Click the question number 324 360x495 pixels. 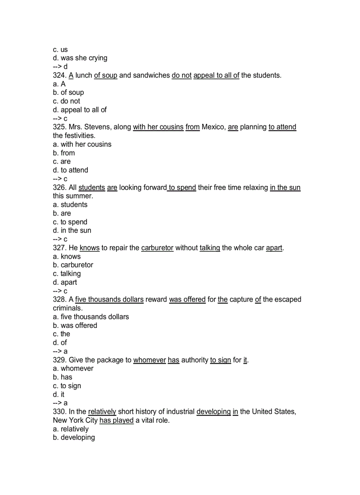point(60,75)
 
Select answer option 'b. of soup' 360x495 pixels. point(68,93)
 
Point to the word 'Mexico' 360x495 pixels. point(213,127)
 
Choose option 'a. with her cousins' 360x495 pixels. point(82,144)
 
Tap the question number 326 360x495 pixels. point(60,187)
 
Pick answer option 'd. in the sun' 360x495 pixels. point(72,231)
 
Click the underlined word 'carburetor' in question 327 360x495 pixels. point(157,248)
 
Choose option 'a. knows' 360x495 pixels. point(67,257)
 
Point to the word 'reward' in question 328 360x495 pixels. point(156,299)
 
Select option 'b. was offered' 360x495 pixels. point(75,325)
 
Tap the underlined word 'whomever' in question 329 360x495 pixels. point(150,360)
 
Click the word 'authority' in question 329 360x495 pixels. point(195,360)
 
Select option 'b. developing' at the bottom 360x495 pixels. point(74,438)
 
